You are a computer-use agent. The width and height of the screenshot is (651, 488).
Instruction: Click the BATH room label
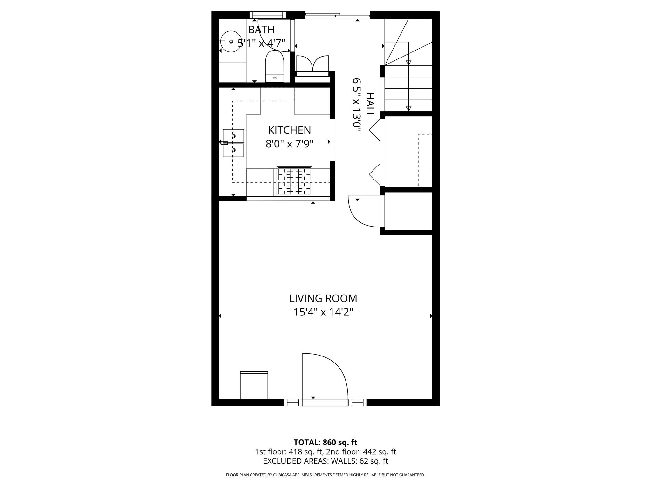(261, 30)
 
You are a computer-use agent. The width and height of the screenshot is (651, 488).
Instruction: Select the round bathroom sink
(231, 42)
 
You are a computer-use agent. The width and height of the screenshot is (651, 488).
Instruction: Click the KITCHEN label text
(289, 130)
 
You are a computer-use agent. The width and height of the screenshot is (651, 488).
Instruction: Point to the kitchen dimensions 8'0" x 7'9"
(289, 144)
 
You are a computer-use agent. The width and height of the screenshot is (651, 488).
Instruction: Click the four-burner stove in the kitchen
(294, 181)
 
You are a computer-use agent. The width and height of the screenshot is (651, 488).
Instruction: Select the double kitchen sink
(234, 143)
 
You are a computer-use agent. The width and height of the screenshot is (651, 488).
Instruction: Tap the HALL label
(370, 105)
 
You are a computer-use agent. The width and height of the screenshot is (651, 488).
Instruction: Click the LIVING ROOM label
(323, 298)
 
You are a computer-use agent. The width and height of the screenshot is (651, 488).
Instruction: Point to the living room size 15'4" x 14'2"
(323, 312)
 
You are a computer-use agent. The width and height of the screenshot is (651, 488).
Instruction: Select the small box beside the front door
(254, 385)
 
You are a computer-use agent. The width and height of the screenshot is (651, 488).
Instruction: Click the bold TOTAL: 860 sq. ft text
(325, 442)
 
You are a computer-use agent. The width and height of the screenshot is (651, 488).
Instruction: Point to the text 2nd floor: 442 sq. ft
(361, 452)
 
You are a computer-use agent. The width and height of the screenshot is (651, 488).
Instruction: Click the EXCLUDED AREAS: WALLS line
(325, 461)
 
